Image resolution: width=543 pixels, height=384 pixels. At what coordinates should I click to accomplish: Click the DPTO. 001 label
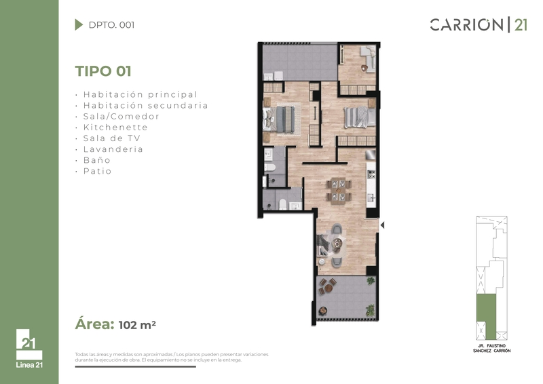(x=111, y=25)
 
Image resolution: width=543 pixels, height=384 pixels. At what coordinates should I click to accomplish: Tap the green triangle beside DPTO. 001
(x=79, y=24)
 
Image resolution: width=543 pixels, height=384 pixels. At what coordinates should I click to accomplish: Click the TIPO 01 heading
(x=103, y=71)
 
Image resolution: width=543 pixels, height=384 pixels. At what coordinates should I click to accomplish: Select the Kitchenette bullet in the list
(x=115, y=128)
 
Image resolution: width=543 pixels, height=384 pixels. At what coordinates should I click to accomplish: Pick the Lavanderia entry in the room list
(x=113, y=149)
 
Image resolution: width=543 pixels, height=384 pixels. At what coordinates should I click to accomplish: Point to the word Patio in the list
(x=97, y=171)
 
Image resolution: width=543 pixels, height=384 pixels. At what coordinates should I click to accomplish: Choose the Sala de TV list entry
(x=111, y=138)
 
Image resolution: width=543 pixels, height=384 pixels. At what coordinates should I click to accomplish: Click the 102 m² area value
(x=137, y=325)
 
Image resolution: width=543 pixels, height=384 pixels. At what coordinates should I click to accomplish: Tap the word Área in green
(x=94, y=324)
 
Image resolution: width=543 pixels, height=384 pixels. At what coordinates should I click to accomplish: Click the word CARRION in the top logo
(x=466, y=25)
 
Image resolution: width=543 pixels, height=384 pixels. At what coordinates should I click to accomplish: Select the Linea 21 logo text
(x=29, y=364)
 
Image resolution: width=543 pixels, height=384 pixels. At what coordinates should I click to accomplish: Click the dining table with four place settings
(x=338, y=190)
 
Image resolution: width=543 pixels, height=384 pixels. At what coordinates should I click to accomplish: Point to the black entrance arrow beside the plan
(x=382, y=225)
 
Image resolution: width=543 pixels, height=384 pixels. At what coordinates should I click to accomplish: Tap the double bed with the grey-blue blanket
(x=282, y=119)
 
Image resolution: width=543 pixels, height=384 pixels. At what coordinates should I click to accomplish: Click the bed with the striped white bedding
(x=360, y=117)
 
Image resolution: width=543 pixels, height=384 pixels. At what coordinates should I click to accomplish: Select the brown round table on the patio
(x=328, y=288)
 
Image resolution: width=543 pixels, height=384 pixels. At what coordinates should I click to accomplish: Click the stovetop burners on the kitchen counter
(x=371, y=174)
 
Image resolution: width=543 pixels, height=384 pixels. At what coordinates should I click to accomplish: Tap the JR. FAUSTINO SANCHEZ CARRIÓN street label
(x=491, y=348)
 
